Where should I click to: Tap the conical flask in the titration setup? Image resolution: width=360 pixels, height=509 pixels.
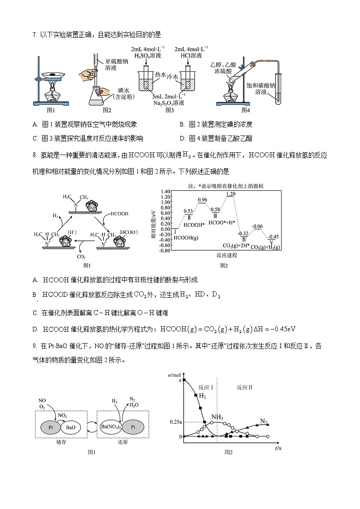pos(97,96)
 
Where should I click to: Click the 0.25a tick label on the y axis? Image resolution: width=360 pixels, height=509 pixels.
pos(175,422)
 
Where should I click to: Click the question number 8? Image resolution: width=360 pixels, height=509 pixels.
pos(34,155)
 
